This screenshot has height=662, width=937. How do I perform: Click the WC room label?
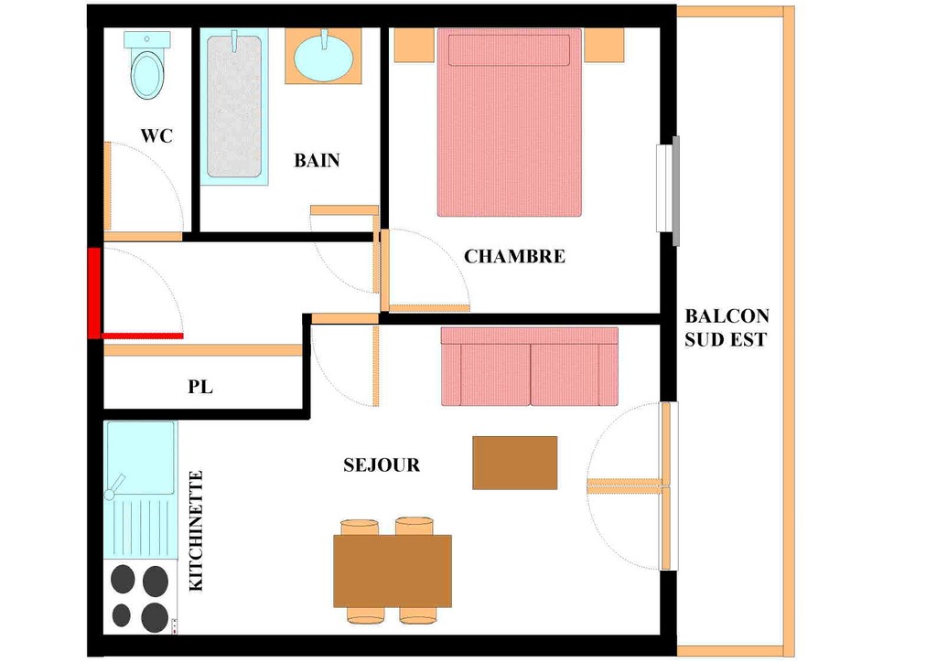click(156, 135)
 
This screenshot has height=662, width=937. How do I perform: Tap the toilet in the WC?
click(147, 66)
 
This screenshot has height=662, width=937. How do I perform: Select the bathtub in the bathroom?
click(234, 106)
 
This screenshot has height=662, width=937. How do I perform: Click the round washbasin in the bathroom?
click(323, 56)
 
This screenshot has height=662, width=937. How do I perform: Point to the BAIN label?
click(317, 160)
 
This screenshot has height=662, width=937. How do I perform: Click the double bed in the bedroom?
click(509, 123)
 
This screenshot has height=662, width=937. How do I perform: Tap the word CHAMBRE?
click(514, 256)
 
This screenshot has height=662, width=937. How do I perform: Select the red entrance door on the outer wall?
click(94, 294)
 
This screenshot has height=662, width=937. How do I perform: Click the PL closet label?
click(200, 387)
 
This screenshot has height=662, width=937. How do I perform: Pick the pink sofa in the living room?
click(530, 367)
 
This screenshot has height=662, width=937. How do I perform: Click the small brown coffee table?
click(514, 463)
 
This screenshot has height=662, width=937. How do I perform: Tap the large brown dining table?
click(392, 571)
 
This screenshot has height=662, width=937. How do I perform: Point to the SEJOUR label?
click(382, 465)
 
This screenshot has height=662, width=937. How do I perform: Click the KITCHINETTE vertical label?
click(196, 530)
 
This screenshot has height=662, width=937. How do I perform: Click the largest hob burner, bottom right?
click(155, 616)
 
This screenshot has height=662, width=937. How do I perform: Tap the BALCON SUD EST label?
click(727, 327)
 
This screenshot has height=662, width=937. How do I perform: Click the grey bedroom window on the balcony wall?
click(676, 191)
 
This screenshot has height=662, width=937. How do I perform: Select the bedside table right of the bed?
click(604, 46)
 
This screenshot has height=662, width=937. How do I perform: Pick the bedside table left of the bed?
click(415, 45)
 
